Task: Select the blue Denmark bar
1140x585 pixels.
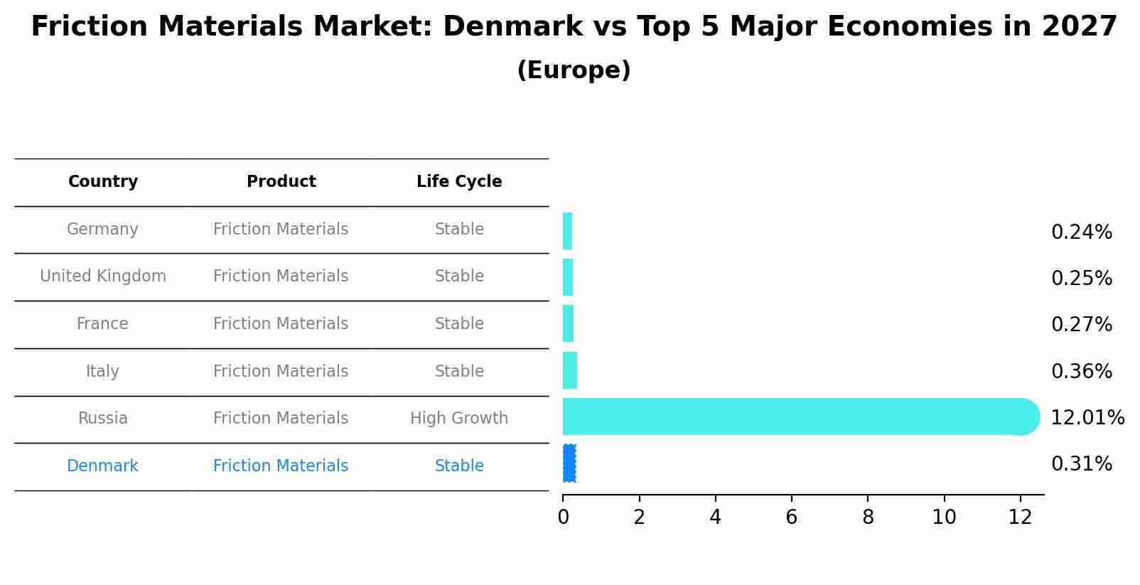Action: tap(569, 463)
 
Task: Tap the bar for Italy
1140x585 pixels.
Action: tap(569, 370)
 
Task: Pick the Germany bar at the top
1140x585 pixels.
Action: tap(567, 231)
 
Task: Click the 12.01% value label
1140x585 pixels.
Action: tap(1087, 418)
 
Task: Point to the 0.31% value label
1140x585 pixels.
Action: tap(1081, 464)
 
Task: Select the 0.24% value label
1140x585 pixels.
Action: tap(1081, 232)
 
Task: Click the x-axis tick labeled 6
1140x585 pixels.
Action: tap(791, 517)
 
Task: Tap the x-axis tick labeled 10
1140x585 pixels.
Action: tap(944, 517)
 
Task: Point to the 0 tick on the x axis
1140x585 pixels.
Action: tap(563, 517)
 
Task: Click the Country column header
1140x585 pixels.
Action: tap(103, 182)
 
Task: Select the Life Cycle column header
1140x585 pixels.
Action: tap(459, 182)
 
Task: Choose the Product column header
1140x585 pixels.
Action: tap(281, 182)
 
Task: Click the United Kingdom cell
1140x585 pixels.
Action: tap(103, 277)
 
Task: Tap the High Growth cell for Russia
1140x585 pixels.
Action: tap(459, 419)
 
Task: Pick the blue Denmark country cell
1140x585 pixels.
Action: tap(102, 466)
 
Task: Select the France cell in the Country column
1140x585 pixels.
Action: tap(102, 324)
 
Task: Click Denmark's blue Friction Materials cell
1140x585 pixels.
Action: tap(281, 466)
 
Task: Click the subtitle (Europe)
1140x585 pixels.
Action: tap(574, 70)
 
